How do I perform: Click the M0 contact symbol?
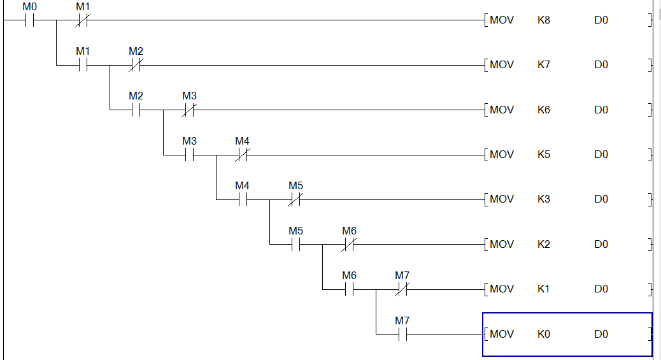point(29,20)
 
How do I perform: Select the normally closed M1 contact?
point(82,20)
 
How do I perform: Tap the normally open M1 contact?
point(82,65)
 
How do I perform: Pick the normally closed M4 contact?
point(242,154)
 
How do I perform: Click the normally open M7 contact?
point(402,334)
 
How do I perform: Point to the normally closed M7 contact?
point(402,289)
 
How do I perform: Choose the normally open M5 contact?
point(295,244)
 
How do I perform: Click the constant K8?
point(543,20)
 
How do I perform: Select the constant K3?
point(543,199)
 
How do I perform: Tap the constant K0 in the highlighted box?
point(543,334)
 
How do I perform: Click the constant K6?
point(543,110)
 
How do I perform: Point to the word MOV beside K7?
point(502,65)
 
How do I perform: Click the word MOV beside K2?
point(502,245)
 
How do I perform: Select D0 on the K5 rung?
point(601,155)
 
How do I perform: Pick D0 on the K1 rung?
point(601,289)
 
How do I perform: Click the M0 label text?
point(29,6)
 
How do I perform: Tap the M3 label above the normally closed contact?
point(189,96)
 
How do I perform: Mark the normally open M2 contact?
point(136,110)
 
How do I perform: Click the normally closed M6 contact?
point(349,244)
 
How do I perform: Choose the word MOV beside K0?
point(502,334)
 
